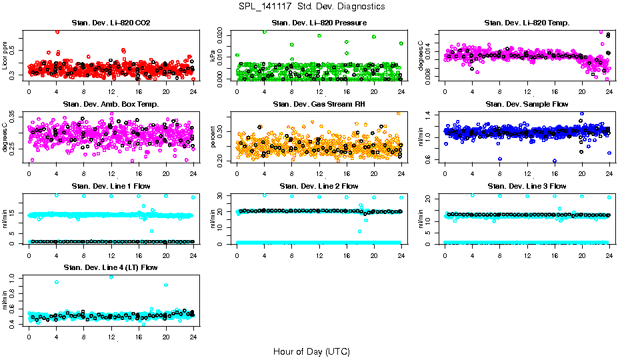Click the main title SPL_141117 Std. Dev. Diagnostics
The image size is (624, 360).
point(311,7)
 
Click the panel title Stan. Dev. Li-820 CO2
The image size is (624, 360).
point(111,23)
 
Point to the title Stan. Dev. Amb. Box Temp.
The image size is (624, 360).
point(111,105)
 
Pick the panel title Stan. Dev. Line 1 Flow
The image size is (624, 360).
point(111,186)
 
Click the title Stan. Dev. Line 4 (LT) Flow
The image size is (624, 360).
point(111,267)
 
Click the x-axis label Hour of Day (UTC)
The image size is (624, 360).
point(311,351)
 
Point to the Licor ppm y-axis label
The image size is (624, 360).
point(5,55)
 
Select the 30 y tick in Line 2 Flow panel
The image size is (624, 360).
point(221,196)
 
